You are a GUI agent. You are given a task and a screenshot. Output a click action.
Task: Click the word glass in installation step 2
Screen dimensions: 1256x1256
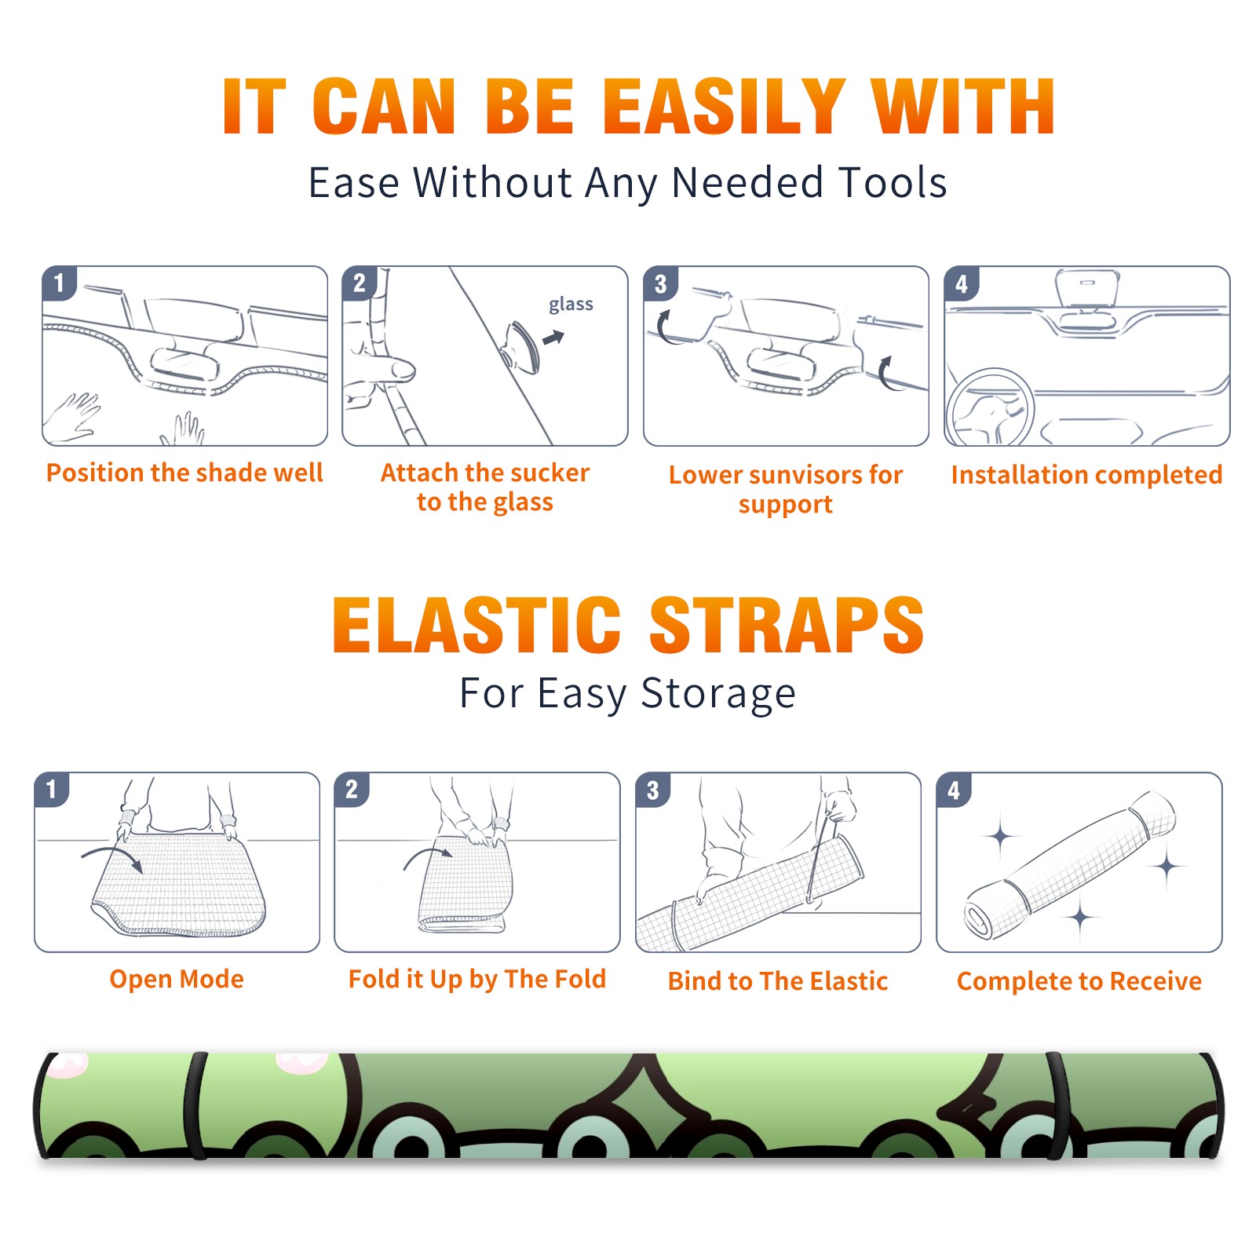[x=571, y=305]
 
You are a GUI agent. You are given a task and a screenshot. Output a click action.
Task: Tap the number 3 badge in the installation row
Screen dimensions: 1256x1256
[x=659, y=283]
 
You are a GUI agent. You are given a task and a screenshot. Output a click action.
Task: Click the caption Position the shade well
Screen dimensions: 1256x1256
[x=184, y=473]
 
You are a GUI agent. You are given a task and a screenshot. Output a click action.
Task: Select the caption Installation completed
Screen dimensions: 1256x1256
[x=1087, y=475]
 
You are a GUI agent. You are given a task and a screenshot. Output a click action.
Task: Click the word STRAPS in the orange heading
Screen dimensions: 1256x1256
[x=787, y=625]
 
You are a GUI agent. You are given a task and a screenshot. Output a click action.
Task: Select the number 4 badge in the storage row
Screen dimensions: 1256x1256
[x=953, y=790]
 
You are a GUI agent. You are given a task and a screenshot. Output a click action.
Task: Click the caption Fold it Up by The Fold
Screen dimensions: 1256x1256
[x=477, y=979]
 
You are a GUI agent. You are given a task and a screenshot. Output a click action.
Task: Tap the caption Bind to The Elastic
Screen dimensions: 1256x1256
[x=778, y=981]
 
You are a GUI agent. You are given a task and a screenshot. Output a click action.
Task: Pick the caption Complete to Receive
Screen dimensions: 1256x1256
[x=1079, y=981]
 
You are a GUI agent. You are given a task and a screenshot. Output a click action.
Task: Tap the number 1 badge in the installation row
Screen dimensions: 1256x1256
[x=58, y=283]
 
